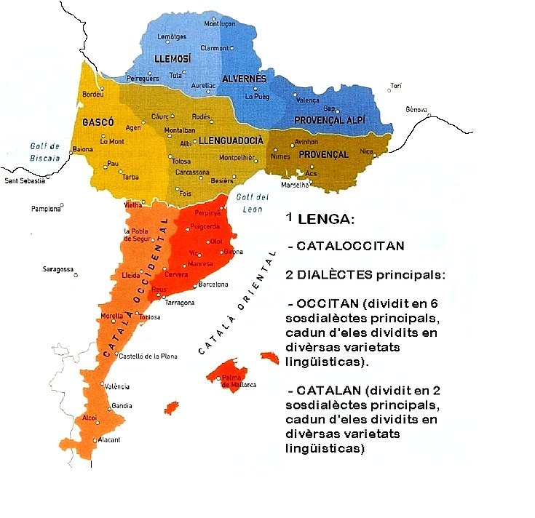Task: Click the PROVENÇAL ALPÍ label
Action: coord(329,119)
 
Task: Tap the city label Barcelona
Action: coord(213,284)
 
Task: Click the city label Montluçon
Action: coord(221,23)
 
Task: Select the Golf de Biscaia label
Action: coord(45,151)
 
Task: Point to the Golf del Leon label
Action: coord(253,204)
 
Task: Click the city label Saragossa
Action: coord(58,269)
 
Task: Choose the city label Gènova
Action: coord(417,109)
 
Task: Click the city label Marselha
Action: coord(296,186)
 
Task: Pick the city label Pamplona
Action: coord(46,209)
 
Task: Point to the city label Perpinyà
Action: coord(207,212)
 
